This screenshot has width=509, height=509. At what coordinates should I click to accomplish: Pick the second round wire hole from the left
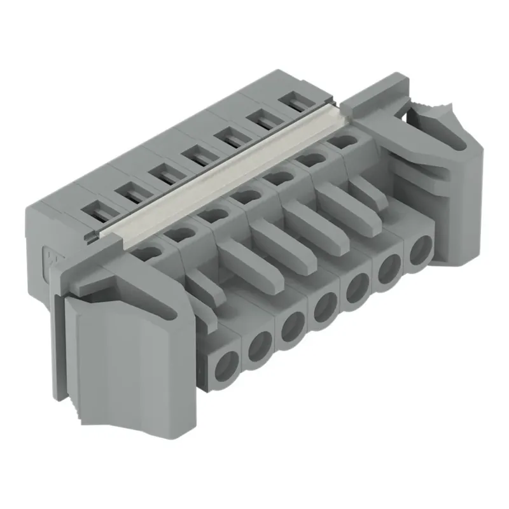[259, 347]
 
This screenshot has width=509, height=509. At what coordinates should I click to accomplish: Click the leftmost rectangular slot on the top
[99, 209]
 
